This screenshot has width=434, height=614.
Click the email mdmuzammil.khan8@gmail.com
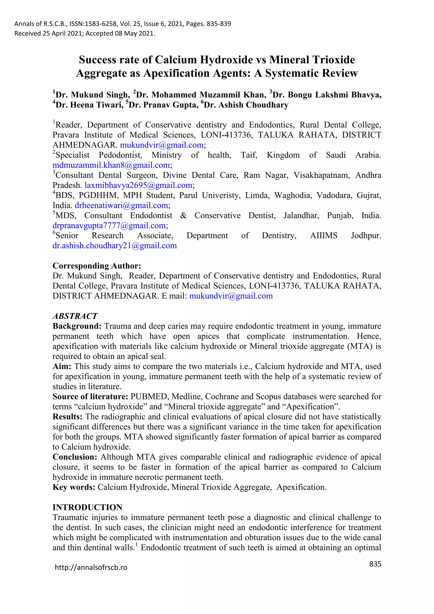click(111, 165)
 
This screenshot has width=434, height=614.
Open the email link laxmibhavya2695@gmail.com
click(138, 185)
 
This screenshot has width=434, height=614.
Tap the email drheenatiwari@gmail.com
click(121, 205)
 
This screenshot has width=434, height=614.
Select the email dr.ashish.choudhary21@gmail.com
click(115, 246)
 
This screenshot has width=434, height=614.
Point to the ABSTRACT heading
click(75, 316)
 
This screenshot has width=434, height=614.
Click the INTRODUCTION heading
click(87, 507)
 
